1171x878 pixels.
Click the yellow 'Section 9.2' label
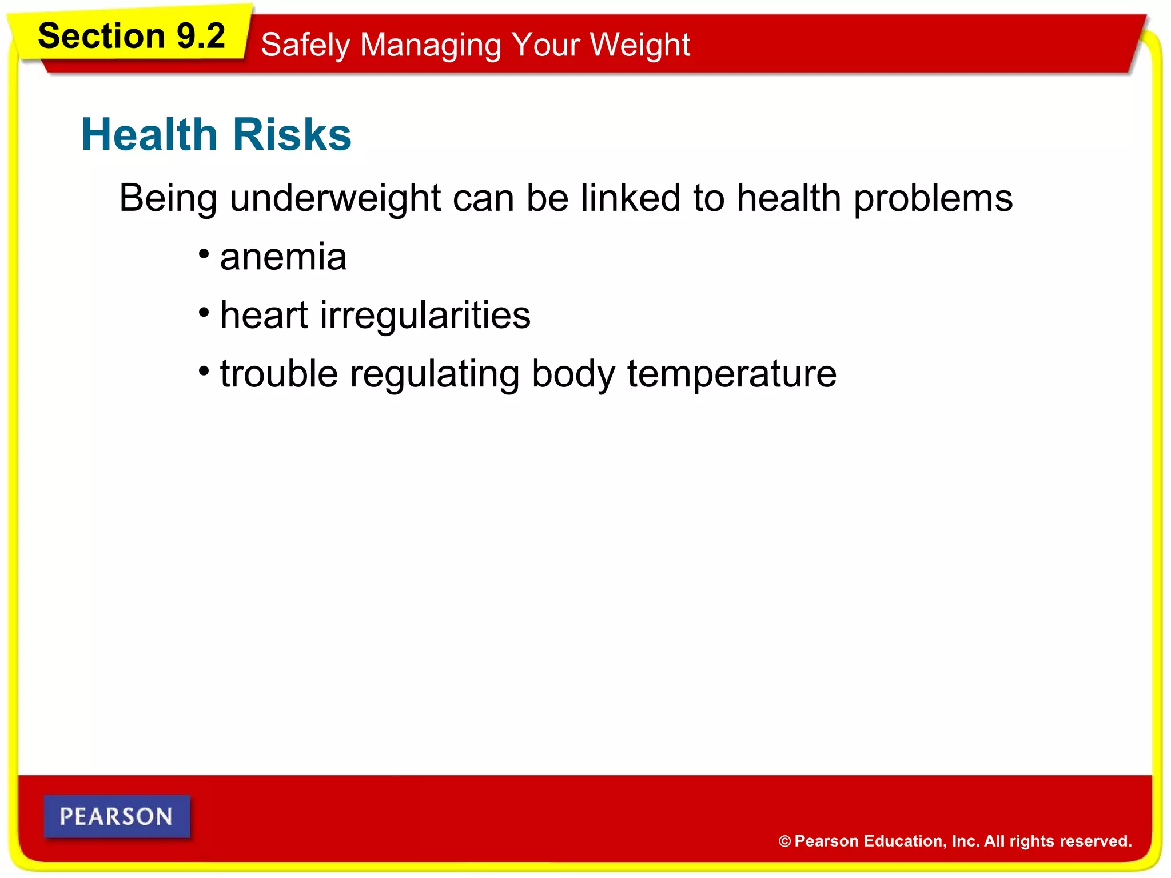(132, 36)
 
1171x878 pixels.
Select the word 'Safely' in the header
(305, 45)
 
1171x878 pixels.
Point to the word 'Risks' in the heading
(292, 134)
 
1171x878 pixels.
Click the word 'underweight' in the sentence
(335, 198)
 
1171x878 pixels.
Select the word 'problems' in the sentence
(933, 198)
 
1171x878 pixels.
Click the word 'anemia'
(283, 257)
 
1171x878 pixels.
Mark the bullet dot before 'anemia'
(204, 253)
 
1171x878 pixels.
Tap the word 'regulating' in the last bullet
(435, 374)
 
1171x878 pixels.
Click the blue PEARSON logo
(117, 816)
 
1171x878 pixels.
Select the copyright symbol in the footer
(784, 841)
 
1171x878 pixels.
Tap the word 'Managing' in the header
(431, 45)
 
